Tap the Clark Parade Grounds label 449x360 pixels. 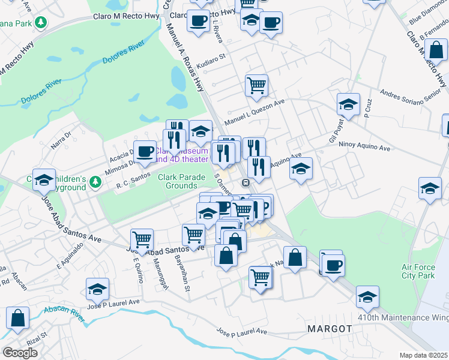coord(185,181)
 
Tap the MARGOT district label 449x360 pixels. coord(329,329)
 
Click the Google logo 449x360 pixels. coord(20,353)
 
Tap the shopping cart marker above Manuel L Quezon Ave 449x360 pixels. coord(256,85)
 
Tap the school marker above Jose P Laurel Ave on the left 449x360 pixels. coord(97,289)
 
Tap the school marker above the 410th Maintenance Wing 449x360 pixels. coord(367,296)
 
